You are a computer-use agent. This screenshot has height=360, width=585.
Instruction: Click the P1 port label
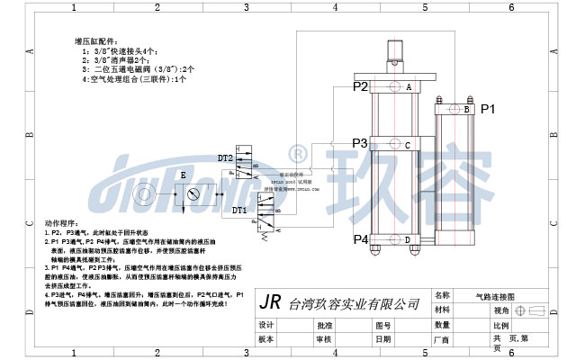pyautogui.click(x=489, y=109)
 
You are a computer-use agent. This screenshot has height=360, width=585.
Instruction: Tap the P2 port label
pyautogui.click(x=360, y=86)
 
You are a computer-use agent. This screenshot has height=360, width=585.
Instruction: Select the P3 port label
pyautogui.click(x=359, y=143)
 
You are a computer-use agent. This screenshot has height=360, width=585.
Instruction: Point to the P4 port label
pyautogui.click(x=360, y=239)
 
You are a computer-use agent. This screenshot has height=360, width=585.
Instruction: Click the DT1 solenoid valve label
pyautogui.click(x=239, y=211)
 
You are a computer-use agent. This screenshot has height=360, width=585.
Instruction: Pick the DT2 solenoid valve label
pyautogui.click(x=225, y=158)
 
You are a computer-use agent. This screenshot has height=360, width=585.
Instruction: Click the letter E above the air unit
pyautogui.click(x=183, y=174)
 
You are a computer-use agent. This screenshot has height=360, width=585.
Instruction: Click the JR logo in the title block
pyautogui.click(x=270, y=302)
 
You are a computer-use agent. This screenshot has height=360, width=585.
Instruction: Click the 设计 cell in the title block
pyautogui.click(x=265, y=325)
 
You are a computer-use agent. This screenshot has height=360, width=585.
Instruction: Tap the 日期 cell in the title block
pyautogui.click(x=383, y=340)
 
